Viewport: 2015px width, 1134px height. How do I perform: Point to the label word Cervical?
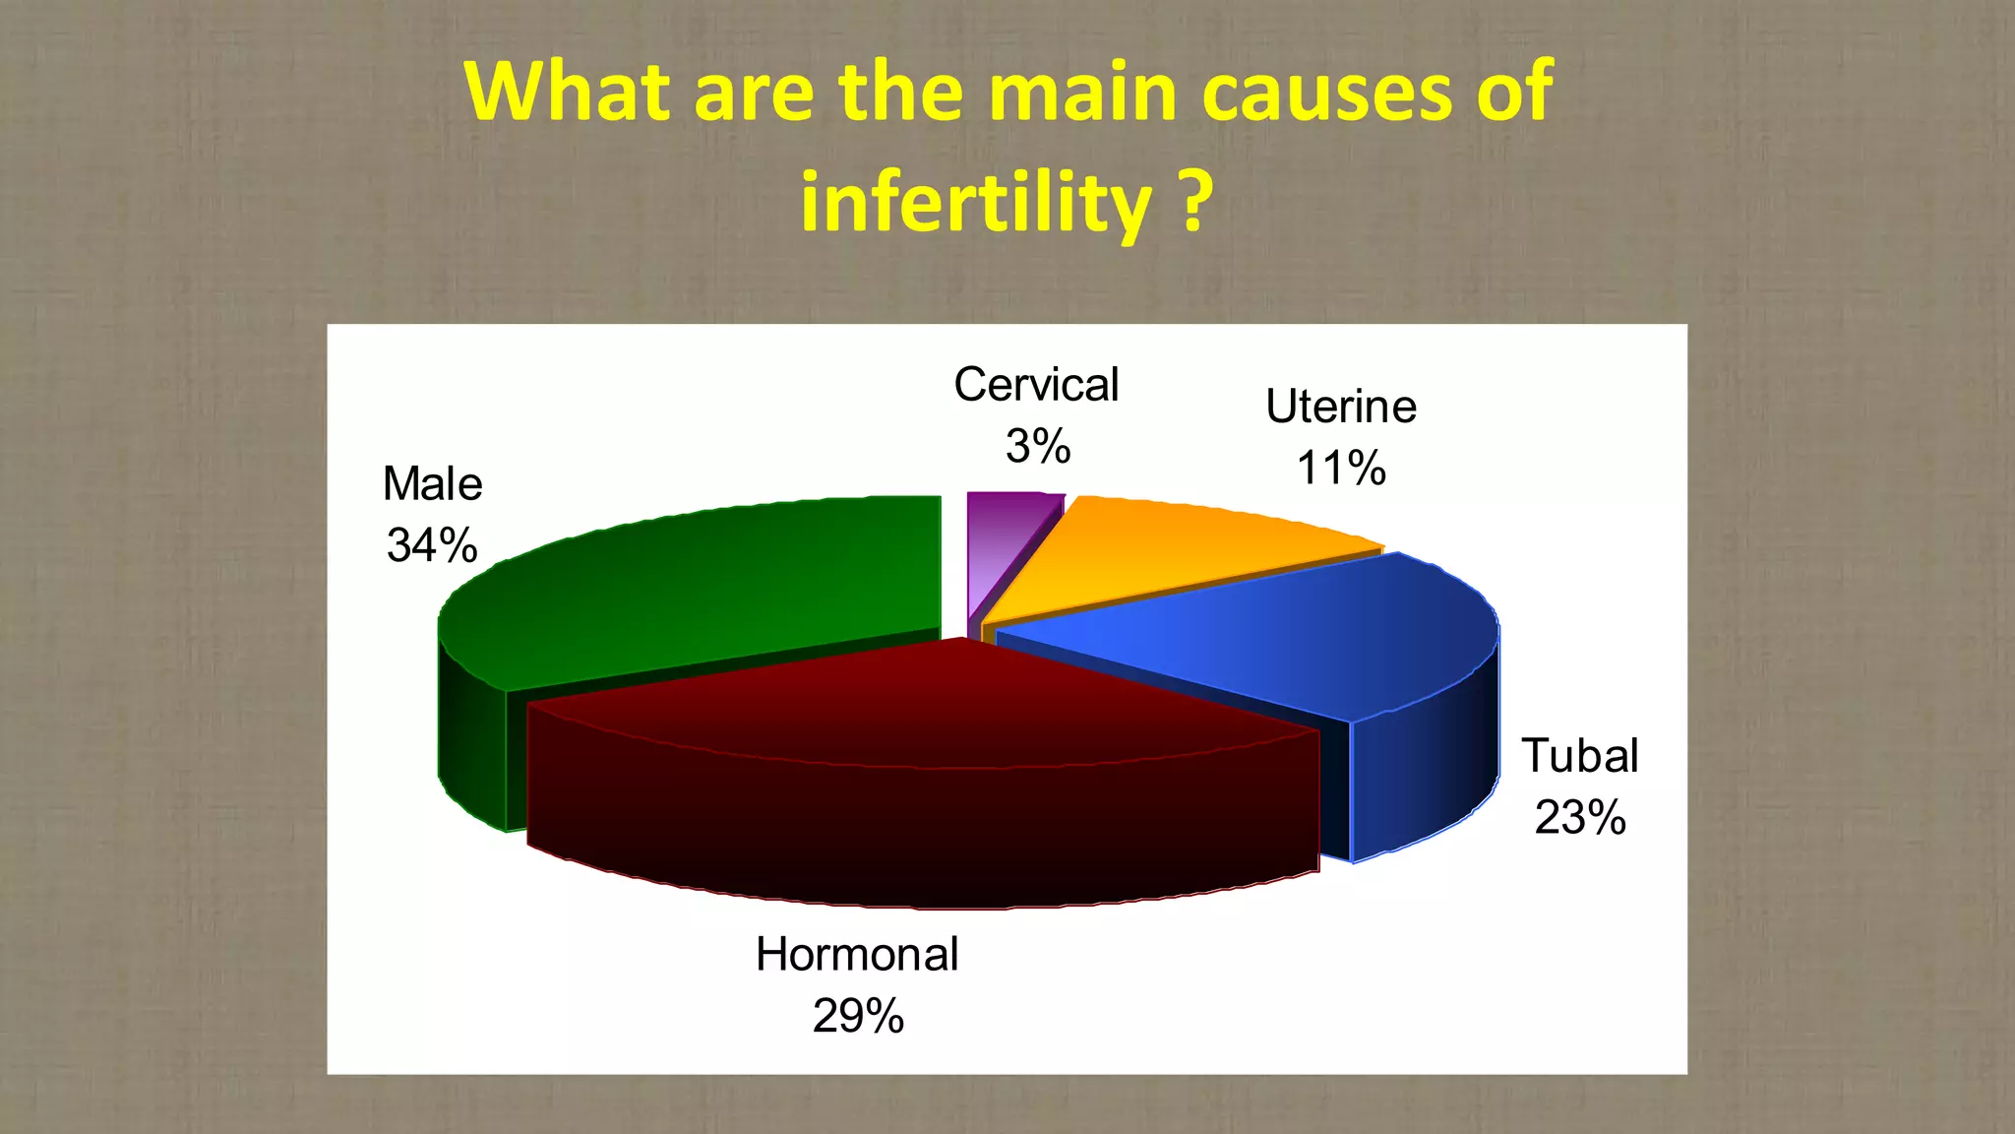tap(1036, 385)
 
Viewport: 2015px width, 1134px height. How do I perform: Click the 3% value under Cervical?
tap(1038, 447)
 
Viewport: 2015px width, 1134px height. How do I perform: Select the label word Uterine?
tap(1341, 407)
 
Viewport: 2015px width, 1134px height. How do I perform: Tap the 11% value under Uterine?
tap(1341, 468)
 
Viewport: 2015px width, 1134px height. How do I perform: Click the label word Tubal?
tap(1580, 756)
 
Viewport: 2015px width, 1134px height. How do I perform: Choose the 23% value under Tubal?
tap(1580, 818)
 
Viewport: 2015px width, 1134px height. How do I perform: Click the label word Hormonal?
tap(857, 954)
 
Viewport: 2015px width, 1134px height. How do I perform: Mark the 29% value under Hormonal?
tap(858, 1016)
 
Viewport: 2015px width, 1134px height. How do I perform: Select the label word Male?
tap(432, 484)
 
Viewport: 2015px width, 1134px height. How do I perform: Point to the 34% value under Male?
tap(432, 545)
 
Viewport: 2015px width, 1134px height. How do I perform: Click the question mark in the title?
tap(1194, 202)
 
